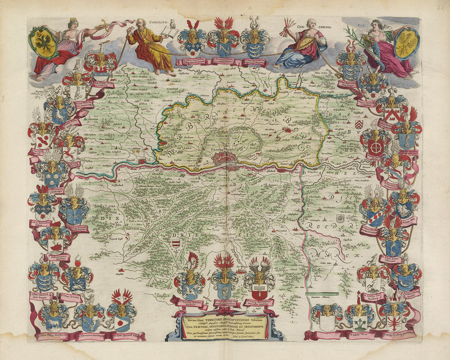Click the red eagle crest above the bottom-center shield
tap(223, 262)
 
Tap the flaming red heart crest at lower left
tap(77, 261)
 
